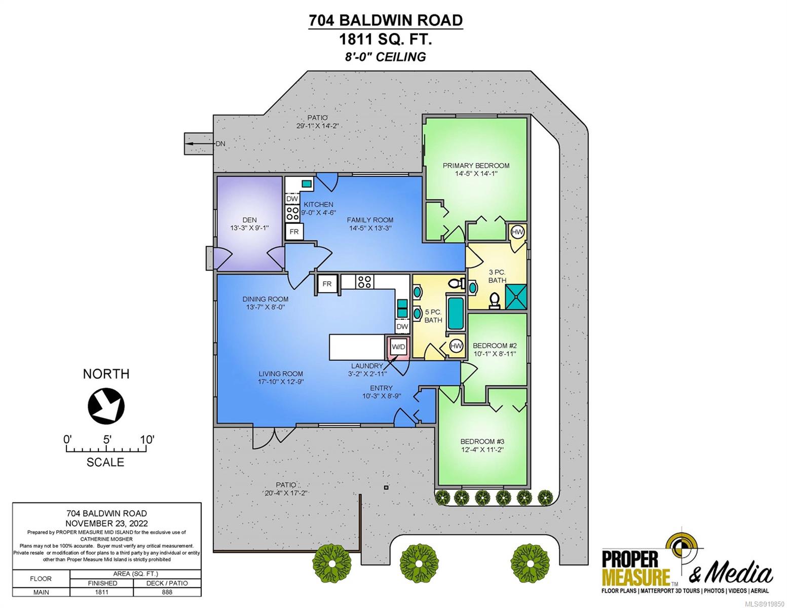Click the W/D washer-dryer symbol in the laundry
(x=398, y=347)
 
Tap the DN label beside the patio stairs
(x=220, y=144)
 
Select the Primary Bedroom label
(x=476, y=166)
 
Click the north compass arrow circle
(x=106, y=405)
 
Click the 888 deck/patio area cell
(x=167, y=592)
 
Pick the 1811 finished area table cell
(x=101, y=592)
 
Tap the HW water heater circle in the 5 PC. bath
(x=456, y=346)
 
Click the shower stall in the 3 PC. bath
(x=516, y=296)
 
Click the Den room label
(x=249, y=220)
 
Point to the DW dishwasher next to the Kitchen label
(x=292, y=199)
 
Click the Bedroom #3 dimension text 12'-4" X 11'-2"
(x=482, y=449)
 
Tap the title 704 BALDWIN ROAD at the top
(x=385, y=20)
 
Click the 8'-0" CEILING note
(x=385, y=57)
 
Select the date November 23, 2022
(x=106, y=523)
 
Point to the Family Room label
(x=370, y=220)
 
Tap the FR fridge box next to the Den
(x=294, y=232)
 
